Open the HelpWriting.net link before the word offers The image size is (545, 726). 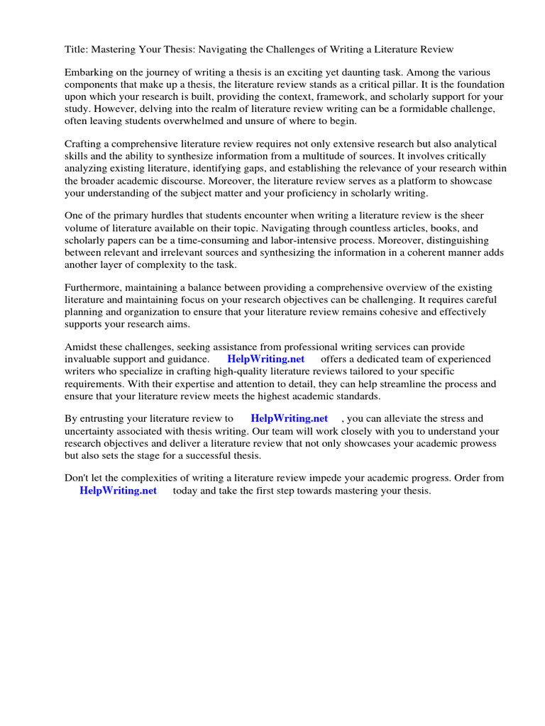click(x=265, y=359)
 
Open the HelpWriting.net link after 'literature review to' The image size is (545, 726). click(x=290, y=419)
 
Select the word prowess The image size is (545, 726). click(x=475, y=443)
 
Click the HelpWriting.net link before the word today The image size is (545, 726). click(x=118, y=491)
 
